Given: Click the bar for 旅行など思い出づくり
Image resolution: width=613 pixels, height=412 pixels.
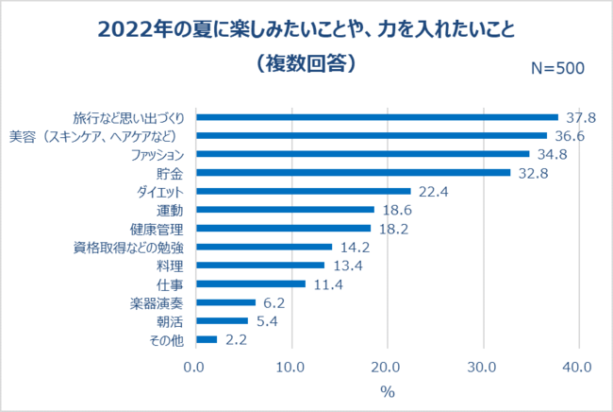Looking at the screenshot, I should [x=376, y=117].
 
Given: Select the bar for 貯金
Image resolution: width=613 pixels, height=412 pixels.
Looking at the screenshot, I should [x=353, y=173].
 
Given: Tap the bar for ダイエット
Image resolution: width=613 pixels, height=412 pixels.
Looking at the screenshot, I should [x=303, y=191].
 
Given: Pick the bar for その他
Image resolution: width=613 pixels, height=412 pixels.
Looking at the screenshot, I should [x=207, y=339].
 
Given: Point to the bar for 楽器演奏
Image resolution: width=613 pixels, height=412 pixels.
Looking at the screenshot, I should [x=225, y=302].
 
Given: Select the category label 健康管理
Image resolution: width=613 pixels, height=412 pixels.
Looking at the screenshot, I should [x=162, y=229].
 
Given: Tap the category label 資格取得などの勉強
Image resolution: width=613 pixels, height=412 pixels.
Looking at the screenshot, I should [x=135, y=247].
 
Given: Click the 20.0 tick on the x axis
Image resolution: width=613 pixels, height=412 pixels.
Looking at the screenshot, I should [x=386, y=366].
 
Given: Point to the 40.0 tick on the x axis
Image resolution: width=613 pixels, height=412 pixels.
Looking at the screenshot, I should [x=576, y=366].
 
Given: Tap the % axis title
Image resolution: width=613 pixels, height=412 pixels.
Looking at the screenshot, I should [x=386, y=389].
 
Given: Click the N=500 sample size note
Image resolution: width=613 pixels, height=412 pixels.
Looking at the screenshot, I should [x=557, y=68].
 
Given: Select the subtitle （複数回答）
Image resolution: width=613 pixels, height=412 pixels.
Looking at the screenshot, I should [x=306, y=63].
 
